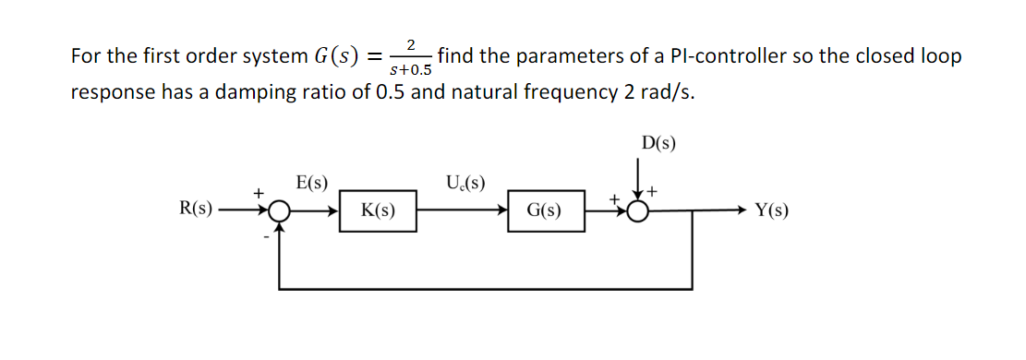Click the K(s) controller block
pyautogui.click(x=379, y=210)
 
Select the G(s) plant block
pyautogui.click(x=545, y=210)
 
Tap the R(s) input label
pyautogui.click(x=194, y=210)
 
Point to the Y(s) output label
pyautogui.click(x=771, y=210)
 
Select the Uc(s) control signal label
pyautogui.click(x=465, y=183)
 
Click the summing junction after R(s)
pyautogui.click(x=277, y=211)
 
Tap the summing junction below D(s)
pyautogui.click(x=638, y=211)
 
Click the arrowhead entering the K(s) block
pyautogui.click(x=335, y=211)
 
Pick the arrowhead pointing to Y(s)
pyautogui.click(x=742, y=211)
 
